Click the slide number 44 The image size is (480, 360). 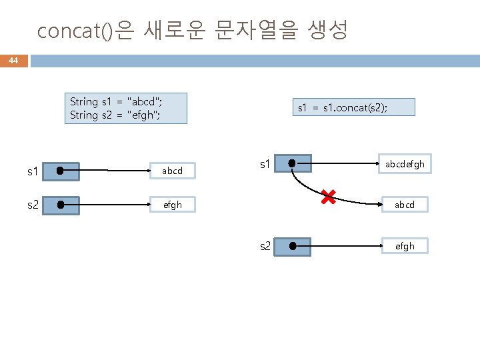coord(13,61)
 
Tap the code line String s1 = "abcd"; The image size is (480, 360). coord(116,102)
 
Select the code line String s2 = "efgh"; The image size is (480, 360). coord(115,115)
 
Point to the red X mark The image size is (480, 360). coord(327,196)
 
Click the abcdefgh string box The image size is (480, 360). coord(405,164)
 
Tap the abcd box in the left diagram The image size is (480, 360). coord(172,171)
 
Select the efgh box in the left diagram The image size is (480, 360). coord(172,205)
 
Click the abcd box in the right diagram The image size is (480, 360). coord(404,205)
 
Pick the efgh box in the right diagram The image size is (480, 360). coord(404,246)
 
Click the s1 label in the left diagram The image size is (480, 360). coord(32,172)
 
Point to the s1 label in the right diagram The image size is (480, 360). coord(264,163)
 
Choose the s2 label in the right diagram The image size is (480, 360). coord(265,247)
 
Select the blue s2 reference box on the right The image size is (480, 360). coord(291,247)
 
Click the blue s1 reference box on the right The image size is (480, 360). coord(291,163)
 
